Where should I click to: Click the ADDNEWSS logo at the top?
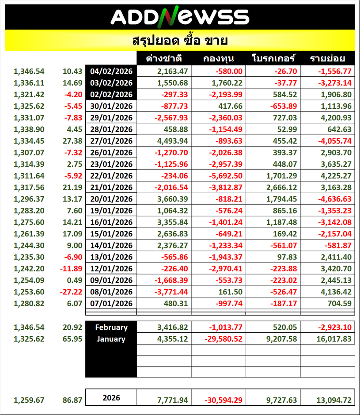180,17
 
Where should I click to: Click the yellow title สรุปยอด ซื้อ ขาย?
180,41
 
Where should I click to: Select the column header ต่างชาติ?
164,58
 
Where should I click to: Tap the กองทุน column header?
219,58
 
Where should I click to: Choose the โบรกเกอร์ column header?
273,58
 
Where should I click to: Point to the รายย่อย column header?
327,58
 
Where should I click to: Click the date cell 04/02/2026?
111,71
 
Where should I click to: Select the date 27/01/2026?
111,141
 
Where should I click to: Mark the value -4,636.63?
334,198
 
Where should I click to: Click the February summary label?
111,327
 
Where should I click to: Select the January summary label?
111,339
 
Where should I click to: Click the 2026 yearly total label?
111,398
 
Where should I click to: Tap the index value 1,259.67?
30,400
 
